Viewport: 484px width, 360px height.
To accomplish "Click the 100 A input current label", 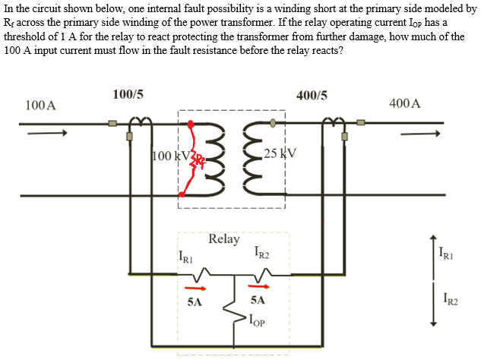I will [x=40, y=104].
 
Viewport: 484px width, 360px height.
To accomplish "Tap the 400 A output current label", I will [x=404, y=103].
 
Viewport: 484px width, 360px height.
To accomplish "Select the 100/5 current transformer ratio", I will [x=128, y=95].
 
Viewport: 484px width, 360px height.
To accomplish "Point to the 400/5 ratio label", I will [x=313, y=96].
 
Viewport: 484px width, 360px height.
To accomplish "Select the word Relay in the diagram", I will [x=223, y=239].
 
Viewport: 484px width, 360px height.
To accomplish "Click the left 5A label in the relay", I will [x=194, y=302].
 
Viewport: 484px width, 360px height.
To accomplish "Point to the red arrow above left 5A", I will [x=195, y=289].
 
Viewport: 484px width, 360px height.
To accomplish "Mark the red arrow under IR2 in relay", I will [x=261, y=289].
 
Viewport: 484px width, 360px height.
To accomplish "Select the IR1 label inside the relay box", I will [x=185, y=257].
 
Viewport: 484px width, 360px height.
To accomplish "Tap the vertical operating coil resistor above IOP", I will [x=226, y=312].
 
